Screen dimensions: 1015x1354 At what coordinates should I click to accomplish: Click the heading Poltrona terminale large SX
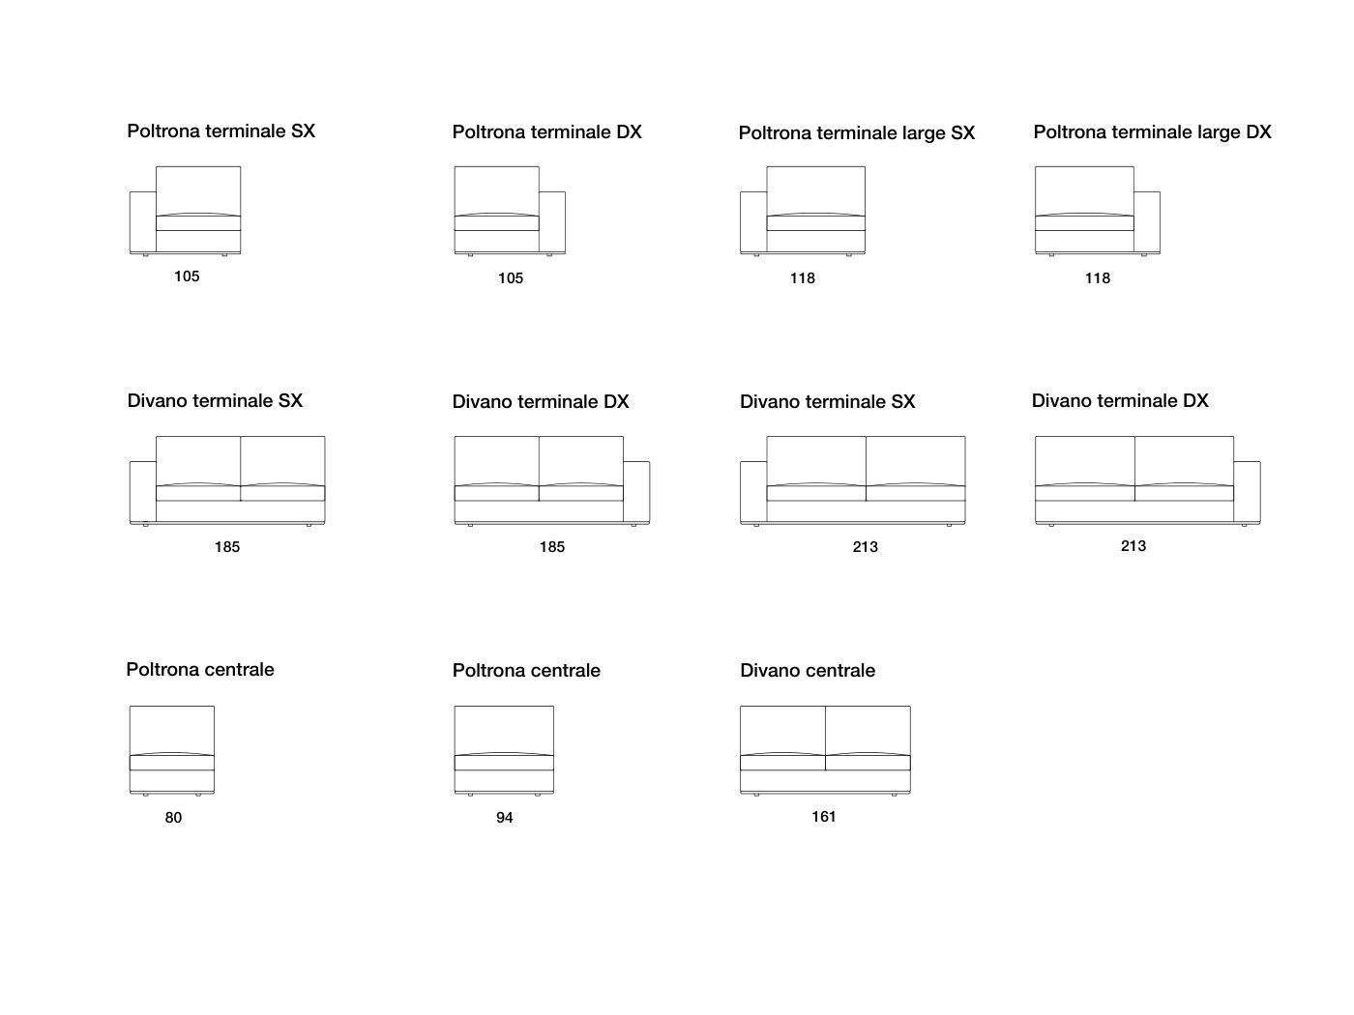point(856,133)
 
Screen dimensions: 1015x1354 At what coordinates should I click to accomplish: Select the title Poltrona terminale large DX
point(1152,132)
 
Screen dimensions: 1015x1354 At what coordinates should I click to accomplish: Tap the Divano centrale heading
point(808,671)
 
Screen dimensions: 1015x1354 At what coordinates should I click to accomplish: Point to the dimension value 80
point(173,818)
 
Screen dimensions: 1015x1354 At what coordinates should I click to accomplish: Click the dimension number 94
point(505,818)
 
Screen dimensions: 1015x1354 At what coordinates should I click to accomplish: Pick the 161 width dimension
point(824,817)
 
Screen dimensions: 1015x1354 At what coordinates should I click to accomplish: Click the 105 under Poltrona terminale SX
point(187,276)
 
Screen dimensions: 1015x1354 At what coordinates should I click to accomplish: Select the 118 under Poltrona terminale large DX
point(1098,278)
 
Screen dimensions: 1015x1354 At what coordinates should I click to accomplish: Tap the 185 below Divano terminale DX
point(552,547)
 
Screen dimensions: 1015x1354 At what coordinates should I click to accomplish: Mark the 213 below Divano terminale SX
point(866,547)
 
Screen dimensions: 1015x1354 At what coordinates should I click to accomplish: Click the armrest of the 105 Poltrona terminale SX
point(143,222)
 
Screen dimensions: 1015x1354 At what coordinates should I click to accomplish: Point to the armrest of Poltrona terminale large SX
point(753,222)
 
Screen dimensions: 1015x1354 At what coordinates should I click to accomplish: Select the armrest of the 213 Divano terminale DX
point(1247,492)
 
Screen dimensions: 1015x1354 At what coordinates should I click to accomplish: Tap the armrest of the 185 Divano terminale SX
point(143,492)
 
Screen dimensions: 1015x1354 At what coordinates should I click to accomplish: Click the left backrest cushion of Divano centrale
point(782,730)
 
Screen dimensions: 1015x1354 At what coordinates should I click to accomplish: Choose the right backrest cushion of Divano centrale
point(868,730)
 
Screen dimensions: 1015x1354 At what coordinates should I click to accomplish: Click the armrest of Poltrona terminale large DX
point(1147,222)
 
